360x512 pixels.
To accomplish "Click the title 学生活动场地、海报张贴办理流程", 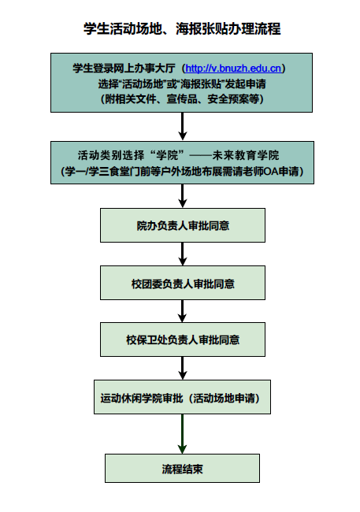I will (182, 29).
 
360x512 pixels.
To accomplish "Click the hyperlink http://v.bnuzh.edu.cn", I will (232, 69).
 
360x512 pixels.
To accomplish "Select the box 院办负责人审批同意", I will (182, 225).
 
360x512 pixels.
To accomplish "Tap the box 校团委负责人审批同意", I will (182, 283).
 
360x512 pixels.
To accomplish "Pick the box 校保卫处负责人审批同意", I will (182, 340).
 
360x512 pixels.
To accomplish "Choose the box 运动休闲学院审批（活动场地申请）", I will (182, 398).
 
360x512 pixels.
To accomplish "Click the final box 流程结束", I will (182, 468).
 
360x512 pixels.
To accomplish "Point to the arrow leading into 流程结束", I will (182, 433).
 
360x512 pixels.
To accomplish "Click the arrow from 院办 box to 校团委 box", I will (182, 254).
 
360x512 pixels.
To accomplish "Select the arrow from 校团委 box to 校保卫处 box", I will (182, 311).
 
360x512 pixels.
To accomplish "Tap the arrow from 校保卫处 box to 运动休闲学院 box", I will (182, 369).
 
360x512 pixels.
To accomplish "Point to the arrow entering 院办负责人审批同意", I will (182, 195).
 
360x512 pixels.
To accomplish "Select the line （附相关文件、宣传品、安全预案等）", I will (182, 99).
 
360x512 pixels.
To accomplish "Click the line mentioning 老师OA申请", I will (182, 170).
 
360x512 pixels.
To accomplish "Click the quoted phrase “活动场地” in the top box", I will (142, 84).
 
